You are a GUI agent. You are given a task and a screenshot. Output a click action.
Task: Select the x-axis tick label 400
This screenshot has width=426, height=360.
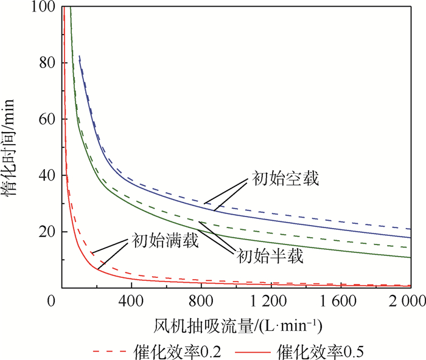pyautogui.click(x=131, y=300)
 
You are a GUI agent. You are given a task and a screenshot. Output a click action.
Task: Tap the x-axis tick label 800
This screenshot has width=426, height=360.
pyautogui.click(x=201, y=300)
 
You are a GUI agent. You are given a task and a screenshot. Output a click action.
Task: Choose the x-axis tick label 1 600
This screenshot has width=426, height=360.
pyautogui.click(x=338, y=300)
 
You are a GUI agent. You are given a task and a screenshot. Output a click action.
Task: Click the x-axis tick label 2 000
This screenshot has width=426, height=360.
pyautogui.click(x=407, y=300)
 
